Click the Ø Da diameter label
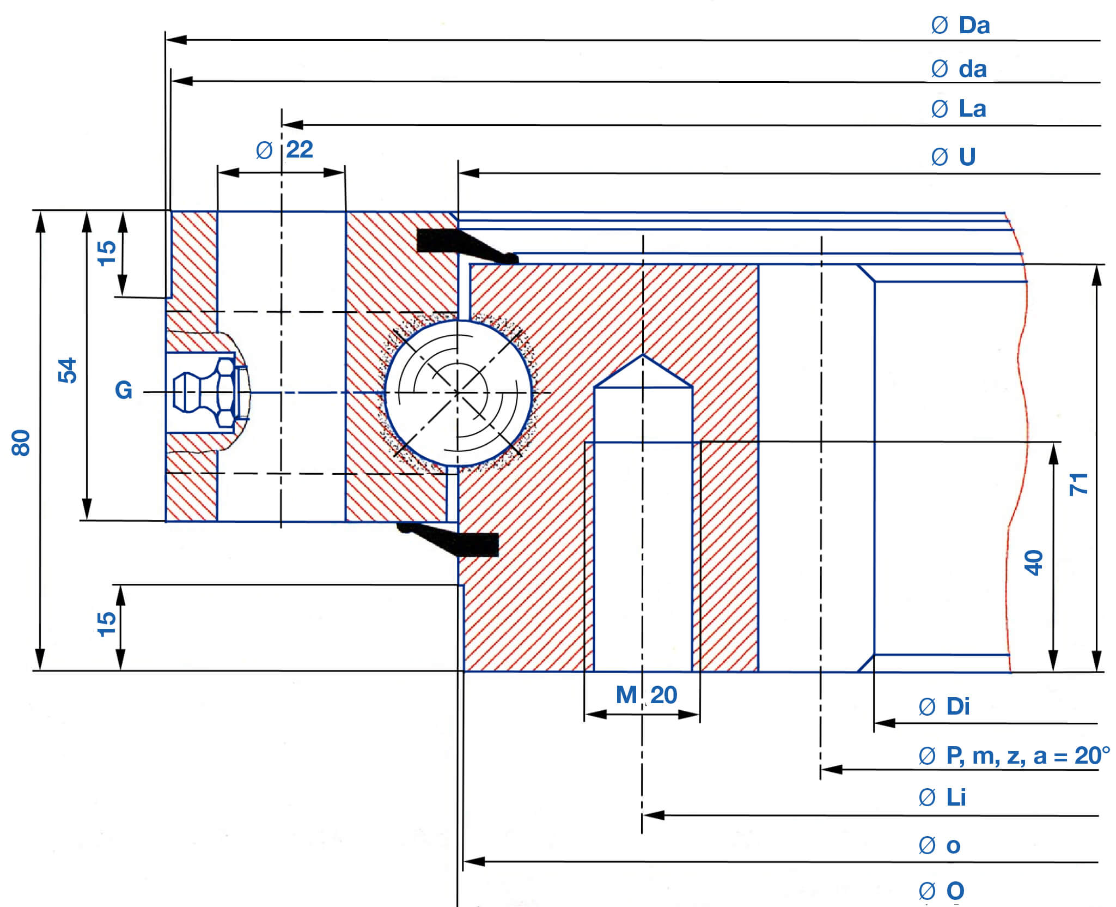point(960,26)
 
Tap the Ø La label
point(959,109)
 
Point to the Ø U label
point(953,157)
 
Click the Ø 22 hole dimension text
point(285,150)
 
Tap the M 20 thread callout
point(647,695)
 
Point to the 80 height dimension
point(21,442)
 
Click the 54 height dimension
point(68,371)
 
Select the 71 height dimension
point(1078,484)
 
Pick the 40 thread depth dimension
point(1033,563)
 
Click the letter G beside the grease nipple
point(124,390)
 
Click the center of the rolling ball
point(458,392)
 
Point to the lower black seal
point(452,541)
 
